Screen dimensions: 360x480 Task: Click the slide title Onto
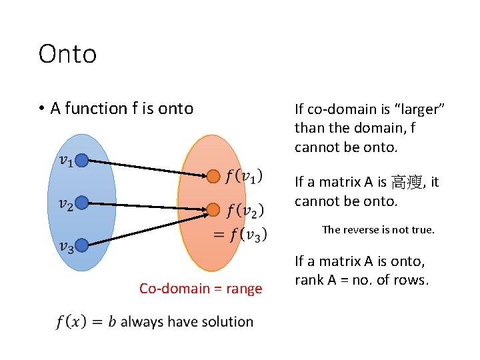pos(67,54)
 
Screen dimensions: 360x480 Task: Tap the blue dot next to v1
pos(81,160)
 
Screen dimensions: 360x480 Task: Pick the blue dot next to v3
pos(81,247)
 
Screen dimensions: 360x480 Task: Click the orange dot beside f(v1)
pos(213,177)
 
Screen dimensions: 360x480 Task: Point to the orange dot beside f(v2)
pos(213,210)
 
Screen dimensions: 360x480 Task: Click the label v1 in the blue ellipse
pos(65,161)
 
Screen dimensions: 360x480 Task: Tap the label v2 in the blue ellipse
pos(65,205)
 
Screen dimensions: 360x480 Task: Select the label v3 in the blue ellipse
pos(65,247)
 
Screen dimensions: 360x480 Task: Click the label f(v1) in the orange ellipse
pos(244,177)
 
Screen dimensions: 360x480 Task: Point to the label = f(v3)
pos(240,234)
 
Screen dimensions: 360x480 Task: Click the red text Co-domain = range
pos(201,289)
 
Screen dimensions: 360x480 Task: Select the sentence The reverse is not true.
pos(378,230)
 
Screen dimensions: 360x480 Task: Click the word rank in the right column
pos(310,280)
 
